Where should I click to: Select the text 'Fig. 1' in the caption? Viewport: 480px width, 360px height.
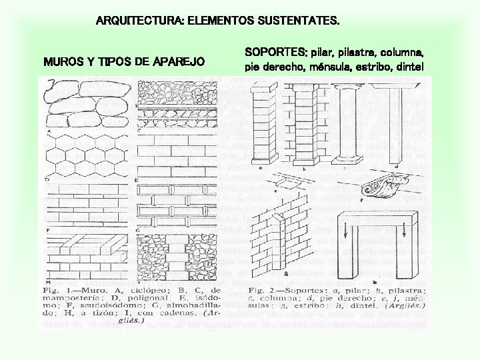(57, 291)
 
